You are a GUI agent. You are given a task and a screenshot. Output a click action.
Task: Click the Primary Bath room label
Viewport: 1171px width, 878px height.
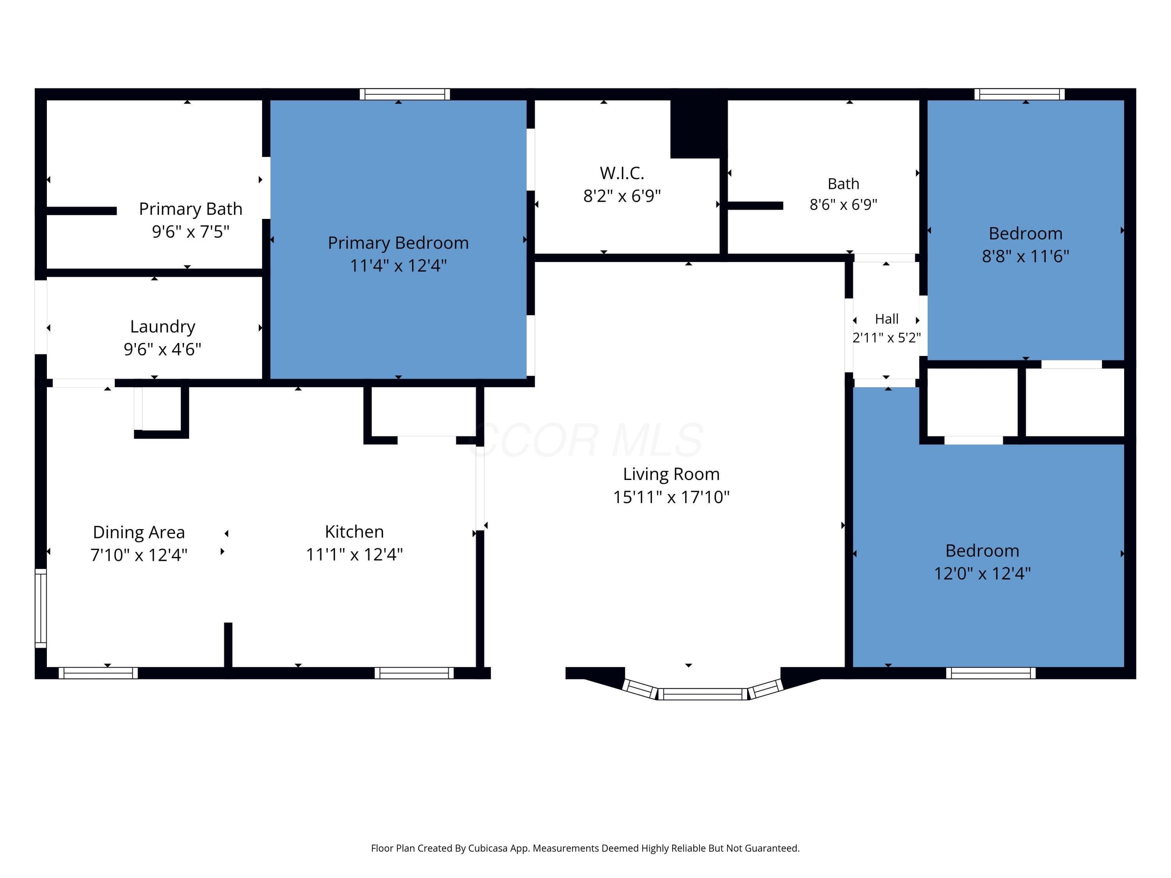coord(190,209)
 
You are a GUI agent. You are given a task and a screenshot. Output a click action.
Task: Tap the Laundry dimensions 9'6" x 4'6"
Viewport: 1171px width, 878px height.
coord(162,349)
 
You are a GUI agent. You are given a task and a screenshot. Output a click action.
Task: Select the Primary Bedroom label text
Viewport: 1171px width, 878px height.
coord(398,243)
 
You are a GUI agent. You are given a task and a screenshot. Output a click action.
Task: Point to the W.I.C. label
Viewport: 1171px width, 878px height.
coord(622,173)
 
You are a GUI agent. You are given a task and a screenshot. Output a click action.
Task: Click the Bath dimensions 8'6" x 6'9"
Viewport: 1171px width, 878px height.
coord(843,204)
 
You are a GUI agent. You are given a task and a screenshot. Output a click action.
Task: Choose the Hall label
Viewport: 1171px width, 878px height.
coord(887,319)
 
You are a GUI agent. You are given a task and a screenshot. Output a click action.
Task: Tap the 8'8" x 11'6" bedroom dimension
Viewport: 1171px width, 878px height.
coord(1025,256)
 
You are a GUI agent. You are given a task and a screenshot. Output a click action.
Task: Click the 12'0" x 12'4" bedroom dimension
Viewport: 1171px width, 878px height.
coord(982,574)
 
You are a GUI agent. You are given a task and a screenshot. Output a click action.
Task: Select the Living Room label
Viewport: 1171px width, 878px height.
coord(671,474)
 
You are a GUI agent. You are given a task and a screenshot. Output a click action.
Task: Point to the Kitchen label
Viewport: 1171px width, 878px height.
coord(354,531)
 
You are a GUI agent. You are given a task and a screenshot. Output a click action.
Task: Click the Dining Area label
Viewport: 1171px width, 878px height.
coord(139,532)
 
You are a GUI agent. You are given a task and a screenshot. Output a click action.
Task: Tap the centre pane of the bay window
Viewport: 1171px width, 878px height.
coord(703,694)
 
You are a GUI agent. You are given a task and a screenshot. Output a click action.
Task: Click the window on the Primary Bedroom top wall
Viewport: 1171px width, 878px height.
coord(405,94)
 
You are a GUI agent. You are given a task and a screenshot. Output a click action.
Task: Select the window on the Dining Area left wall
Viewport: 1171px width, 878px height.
coord(41,608)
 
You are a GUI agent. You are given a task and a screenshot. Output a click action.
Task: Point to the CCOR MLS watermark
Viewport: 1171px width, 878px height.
coord(586,440)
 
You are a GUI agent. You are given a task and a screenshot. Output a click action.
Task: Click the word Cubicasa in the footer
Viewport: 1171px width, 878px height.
coord(488,848)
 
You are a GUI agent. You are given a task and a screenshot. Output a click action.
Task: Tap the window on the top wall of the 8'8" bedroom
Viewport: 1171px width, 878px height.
coord(1020,94)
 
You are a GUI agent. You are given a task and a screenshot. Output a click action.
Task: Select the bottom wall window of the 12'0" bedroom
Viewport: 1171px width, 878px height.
coord(991,673)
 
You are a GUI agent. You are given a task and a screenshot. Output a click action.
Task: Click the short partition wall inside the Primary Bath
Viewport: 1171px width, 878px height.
coord(82,211)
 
